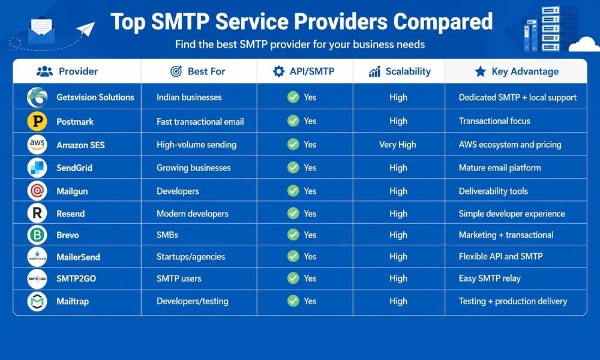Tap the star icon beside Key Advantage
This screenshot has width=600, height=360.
tap(480, 71)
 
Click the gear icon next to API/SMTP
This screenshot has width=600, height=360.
tap(278, 71)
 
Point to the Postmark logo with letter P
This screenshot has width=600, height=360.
tap(37, 121)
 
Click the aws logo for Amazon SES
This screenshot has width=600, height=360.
tap(37, 144)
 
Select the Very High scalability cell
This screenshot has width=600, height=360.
tap(398, 145)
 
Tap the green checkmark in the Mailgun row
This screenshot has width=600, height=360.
tap(293, 191)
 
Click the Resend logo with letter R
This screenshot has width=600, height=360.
tap(37, 213)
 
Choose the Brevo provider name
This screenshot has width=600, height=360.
tap(68, 235)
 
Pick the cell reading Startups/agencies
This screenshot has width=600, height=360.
tap(191, 256)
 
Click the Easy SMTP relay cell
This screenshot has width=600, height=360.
tap(490, 278)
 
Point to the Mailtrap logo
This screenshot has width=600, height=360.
tap(37, 301)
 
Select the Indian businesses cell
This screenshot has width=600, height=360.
tap(189, 97)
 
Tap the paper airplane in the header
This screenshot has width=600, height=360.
tap(86, 29)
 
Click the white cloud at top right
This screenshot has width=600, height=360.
tap(584, 44)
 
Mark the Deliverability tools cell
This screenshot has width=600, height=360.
tap(493, 191)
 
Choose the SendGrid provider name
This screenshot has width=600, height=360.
tap(74, 167)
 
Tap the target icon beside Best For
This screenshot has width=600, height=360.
tap(176, 71)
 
